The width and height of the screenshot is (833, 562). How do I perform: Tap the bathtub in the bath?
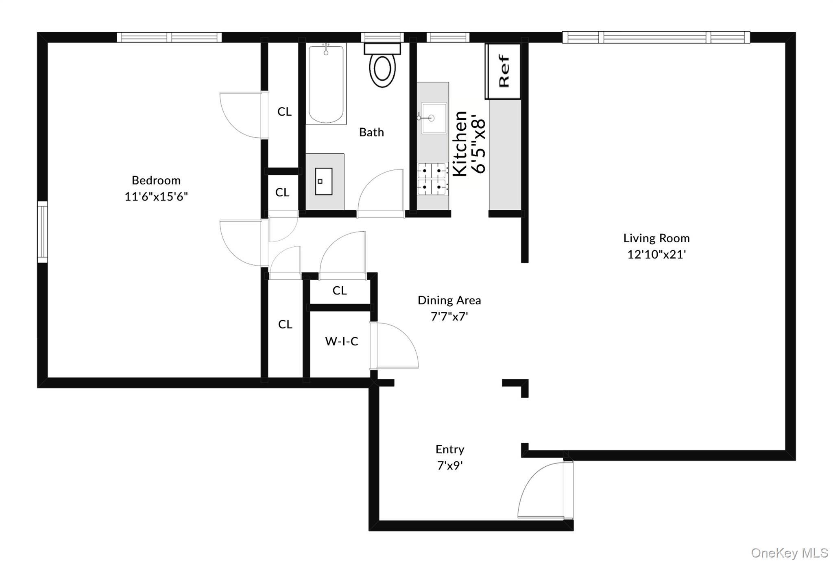click(x=326, y=84)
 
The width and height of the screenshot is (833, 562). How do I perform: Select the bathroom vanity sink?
click(x=324, y=182)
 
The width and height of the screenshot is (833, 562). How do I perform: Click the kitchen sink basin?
click(x=434, y=118)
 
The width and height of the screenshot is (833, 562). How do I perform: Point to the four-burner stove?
click(x=432, y=178)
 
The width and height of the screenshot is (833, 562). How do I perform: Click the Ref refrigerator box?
click(x=504, y=71)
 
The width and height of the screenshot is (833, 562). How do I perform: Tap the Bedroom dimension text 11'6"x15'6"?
click(x=156, y=197)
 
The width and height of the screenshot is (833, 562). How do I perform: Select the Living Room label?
click(x=656, y=238)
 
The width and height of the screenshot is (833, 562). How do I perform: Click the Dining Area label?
click(x=449, y=301)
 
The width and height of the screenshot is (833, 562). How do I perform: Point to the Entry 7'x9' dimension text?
click(x=450, y=465)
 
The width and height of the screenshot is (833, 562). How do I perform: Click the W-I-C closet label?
click(x=342, y=341)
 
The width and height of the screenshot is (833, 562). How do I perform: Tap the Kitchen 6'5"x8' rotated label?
click(x=469, y=143)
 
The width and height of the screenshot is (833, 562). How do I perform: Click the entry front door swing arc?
click(x=541, y=491)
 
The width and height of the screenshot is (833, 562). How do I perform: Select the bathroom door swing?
click(x=380, y=191)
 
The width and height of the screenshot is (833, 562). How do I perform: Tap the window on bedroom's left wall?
click(x=42, y=232)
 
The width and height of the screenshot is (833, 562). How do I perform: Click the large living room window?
click(x=656, y=37)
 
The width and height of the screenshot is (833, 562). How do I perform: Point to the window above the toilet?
click(x=382, y=37)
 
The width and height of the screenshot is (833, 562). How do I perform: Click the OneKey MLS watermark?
click(x=789, y=553)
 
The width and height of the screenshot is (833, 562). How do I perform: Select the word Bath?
click(x=371, y=132)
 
